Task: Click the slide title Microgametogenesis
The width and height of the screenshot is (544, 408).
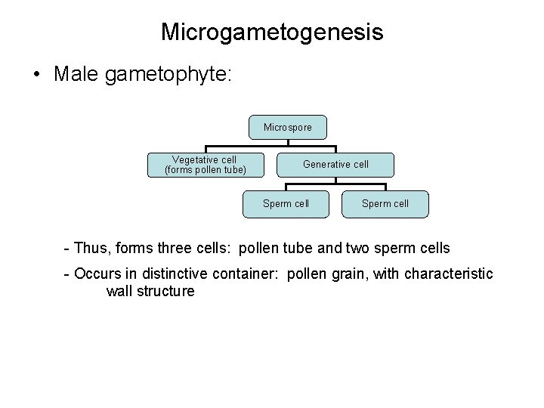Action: (272, 32)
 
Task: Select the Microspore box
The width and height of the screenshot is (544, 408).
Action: (287, 127)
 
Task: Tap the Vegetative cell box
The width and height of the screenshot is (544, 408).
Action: (205, 165)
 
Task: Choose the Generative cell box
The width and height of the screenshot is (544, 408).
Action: (335, 164)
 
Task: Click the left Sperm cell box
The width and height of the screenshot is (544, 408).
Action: (286, 203)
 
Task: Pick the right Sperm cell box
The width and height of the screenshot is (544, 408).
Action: (385, 203)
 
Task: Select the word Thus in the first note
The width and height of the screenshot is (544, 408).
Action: (91, 248)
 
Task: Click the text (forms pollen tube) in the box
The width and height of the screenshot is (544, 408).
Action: (205, 170)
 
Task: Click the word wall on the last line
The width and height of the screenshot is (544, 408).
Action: (119, 291)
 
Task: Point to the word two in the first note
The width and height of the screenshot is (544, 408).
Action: (346, 248)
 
